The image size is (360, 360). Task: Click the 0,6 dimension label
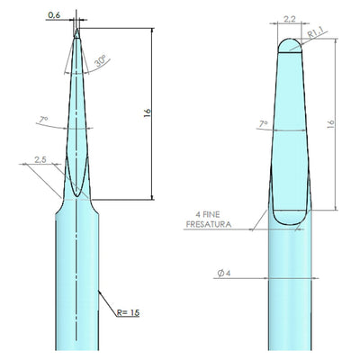click(54, 15)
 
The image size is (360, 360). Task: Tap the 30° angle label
click(101, 61)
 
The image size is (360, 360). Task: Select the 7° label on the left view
click(43, 120)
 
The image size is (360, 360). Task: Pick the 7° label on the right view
click(264, 123)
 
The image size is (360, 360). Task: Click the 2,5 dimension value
click(40, 160)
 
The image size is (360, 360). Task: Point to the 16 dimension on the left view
click(148, 113)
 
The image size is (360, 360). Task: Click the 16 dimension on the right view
click(330, 124)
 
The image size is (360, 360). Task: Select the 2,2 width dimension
click(290, 20)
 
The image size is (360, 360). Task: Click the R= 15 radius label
click(128, 312)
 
